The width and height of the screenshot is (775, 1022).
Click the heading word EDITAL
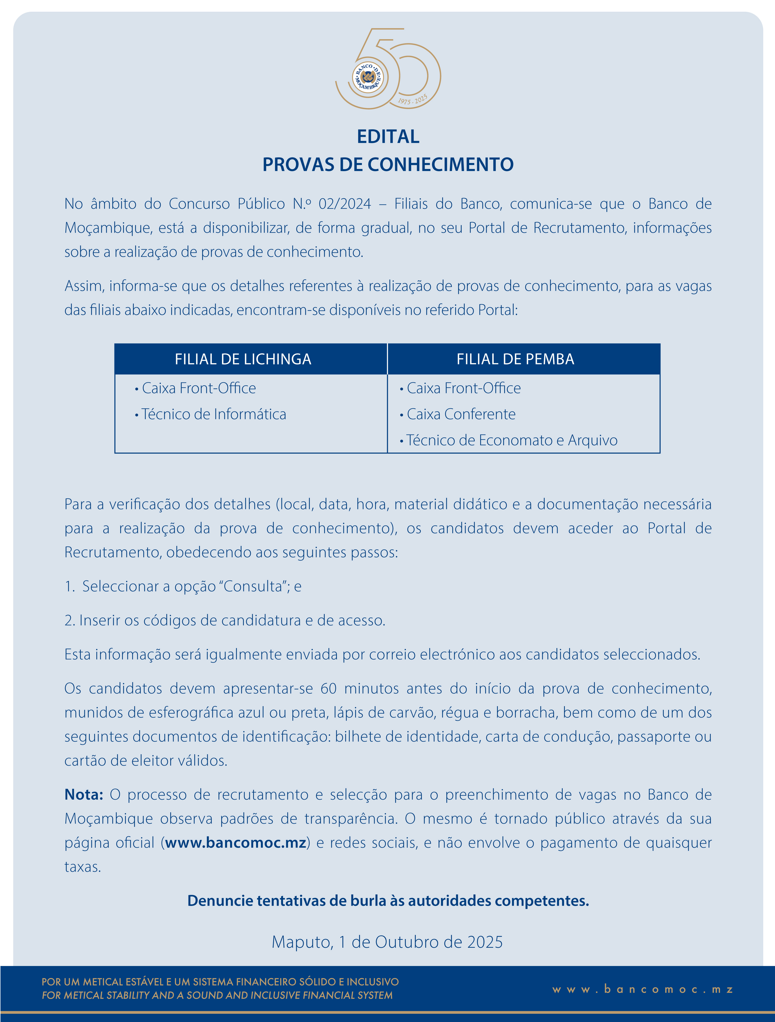388,137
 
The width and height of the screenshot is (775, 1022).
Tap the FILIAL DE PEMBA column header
515,359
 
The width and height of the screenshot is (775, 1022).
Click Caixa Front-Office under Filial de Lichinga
199,388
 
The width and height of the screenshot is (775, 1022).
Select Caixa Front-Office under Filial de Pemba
464,388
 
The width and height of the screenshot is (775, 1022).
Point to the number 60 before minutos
328,688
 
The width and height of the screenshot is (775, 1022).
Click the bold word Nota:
84,795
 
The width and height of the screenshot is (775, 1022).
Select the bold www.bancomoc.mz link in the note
236,843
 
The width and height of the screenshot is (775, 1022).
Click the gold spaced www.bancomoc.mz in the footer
642,989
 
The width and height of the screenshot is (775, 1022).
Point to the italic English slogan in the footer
217,995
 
